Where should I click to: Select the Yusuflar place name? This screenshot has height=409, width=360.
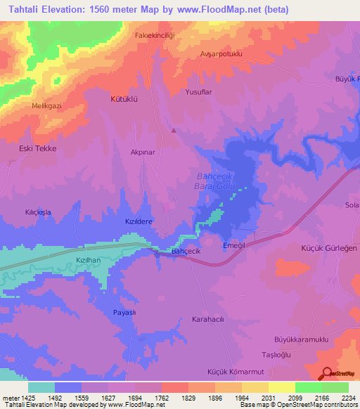point(198,91)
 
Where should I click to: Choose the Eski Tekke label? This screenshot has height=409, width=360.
point(37,149)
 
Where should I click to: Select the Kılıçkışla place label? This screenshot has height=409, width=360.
point(38,212)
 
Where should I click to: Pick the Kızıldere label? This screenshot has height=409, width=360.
point(139,221)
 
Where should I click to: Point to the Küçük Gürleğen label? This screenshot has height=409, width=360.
point(329,249)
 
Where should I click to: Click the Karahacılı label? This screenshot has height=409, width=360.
point(207,319)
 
